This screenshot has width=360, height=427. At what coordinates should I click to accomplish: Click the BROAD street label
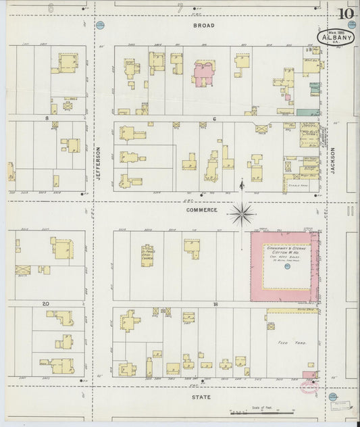pyautogui.click(x=203, y=26)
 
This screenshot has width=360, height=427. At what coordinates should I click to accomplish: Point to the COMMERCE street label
pyautogui.click(x=203, y=210)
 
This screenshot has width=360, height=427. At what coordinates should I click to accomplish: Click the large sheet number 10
pyautogui.click(x=345, y=14)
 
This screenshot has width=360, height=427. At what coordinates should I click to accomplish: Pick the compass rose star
pyautogui.click(x=242, y=215)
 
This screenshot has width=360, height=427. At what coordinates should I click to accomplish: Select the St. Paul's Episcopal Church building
pyautogui.click(x=148, y=255)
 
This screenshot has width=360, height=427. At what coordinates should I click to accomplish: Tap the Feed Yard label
pyautogui.click(x=292, y=343)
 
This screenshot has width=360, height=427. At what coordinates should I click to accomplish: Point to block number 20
pyautogui.click(x=45, y=305)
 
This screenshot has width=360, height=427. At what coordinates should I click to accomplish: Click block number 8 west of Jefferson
pyautogui.click(x=47, y=118)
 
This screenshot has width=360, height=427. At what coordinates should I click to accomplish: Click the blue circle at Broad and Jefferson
pyautogui.click(x=101, y=26)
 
